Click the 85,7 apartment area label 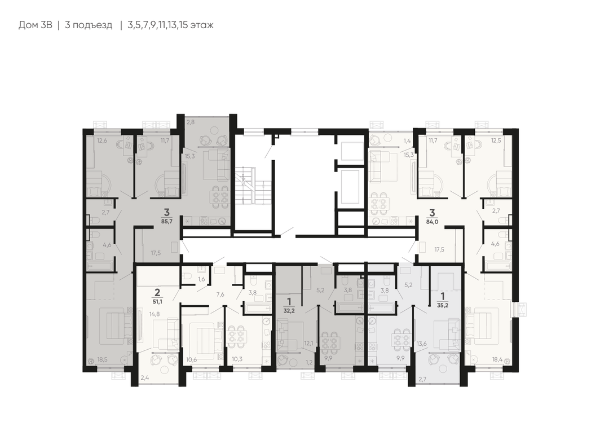pyautogui.click(x=166, y=221)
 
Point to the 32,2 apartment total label pyautogui.click(x=288, y=310)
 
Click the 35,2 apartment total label pyautogui.click(x=443, y=305)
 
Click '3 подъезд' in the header pyautogui.click(x=89, y=25)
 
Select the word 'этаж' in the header pyautogui.click(x=202, y=25)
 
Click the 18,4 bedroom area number pyautogui.click(x=497, y=360)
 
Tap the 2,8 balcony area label pyautogui.click(x=191, y=122)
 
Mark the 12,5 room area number pyautogui.click(x=496, y=140)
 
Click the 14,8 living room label pyautogui.click(x=155, y=314)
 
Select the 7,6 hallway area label pyautogui.click(x=220, y=294)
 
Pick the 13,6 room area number pyautogui.click(x=421, y=344)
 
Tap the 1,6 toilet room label pyautogui.click(x=201, y=279)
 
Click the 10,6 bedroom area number pyautogui.click(x=192, y=359)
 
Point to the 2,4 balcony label pyautogui.click(x=144, y=377)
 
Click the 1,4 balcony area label pyautogui.click(x=407, y=140)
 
